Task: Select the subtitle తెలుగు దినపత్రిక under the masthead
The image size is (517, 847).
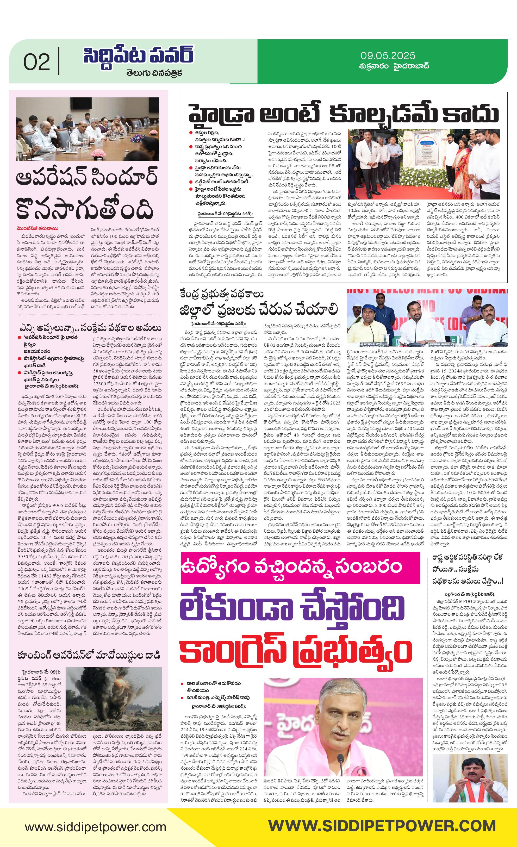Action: [x=154, y=73]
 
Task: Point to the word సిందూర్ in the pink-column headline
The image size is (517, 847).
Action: [x=124, y=177]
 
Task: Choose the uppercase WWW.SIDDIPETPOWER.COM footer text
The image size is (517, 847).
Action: [x=382, y=827]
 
